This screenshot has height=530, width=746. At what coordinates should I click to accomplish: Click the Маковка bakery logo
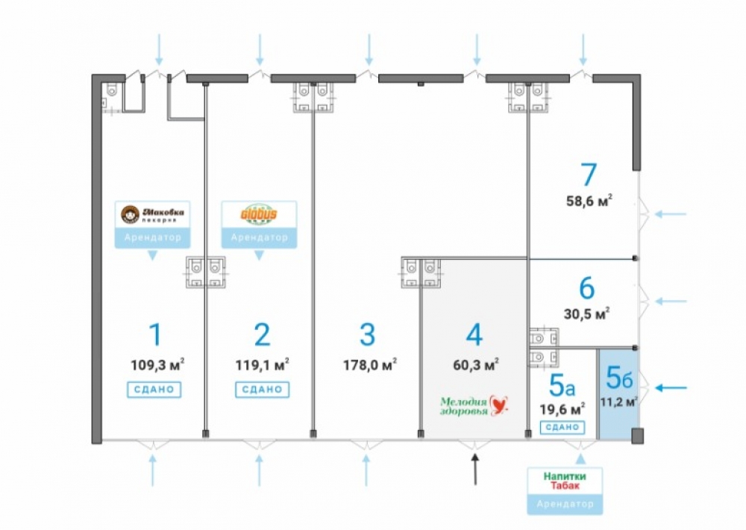[x=152, y=215]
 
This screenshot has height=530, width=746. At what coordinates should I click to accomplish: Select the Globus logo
[x=259, y=215]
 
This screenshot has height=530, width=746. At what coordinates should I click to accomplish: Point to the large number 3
[x=367, y=334]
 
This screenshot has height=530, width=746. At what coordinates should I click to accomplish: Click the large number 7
[x=589, y=175]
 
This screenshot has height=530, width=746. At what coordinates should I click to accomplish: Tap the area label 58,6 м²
[x=589, y=200]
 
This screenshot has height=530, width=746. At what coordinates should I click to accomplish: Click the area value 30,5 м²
[x=586, y=313]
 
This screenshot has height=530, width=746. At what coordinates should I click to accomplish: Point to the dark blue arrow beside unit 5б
[x=676, y=387]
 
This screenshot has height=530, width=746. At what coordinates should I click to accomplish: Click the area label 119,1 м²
[x=262, y=365]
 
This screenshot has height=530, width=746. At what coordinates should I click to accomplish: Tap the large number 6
[x=586, y=287]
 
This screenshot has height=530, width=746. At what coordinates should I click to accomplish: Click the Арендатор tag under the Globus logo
[x=259, y=237]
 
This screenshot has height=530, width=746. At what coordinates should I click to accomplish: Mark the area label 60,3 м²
[x=474, y=365]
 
